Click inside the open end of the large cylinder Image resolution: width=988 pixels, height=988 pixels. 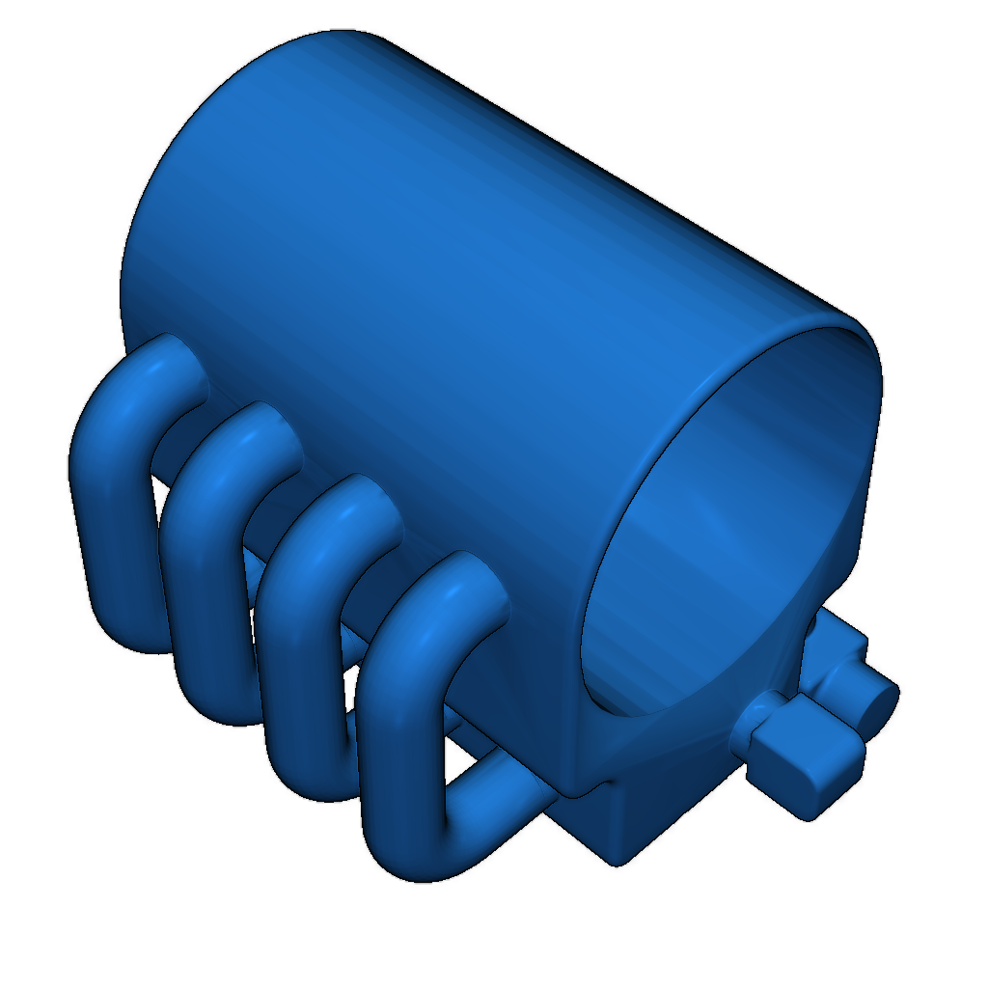pos(733,521)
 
